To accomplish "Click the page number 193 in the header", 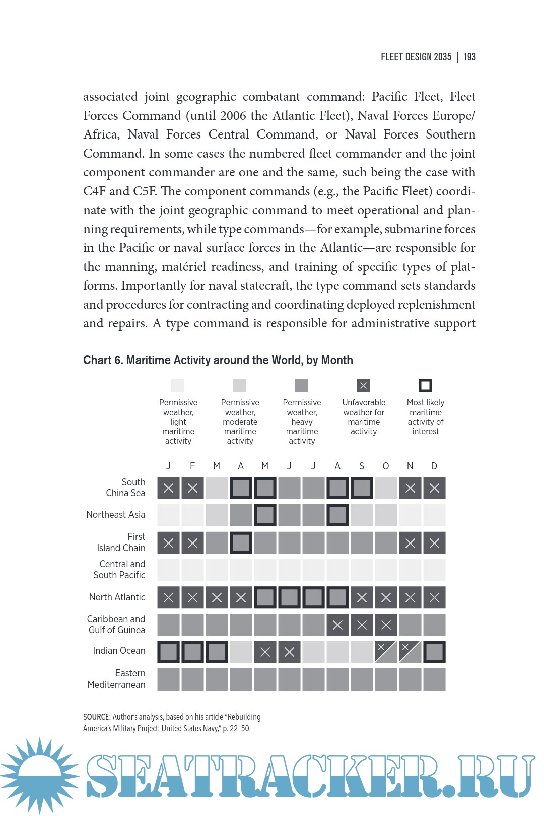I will [469, 57].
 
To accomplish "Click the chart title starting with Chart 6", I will [218, 360].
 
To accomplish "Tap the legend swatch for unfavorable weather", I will [363, 386].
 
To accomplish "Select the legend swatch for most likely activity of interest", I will [425, 386].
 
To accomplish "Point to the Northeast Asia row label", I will [115, 515].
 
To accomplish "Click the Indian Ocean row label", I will [119, 651].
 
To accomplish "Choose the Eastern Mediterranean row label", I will [116, 679].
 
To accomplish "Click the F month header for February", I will [192, 466].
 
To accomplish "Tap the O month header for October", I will [386, 466].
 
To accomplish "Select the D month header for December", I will [434, 466].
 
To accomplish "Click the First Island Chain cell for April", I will [241, 543].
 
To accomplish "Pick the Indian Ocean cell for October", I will [386, 652].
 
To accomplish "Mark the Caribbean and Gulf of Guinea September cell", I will [362, 625].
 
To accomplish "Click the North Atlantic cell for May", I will [265, 597].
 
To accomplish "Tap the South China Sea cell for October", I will [386, 488].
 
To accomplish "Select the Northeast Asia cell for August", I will [337, 515].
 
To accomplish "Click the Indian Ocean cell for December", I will [434, 652].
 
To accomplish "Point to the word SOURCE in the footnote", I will [96, 717].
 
